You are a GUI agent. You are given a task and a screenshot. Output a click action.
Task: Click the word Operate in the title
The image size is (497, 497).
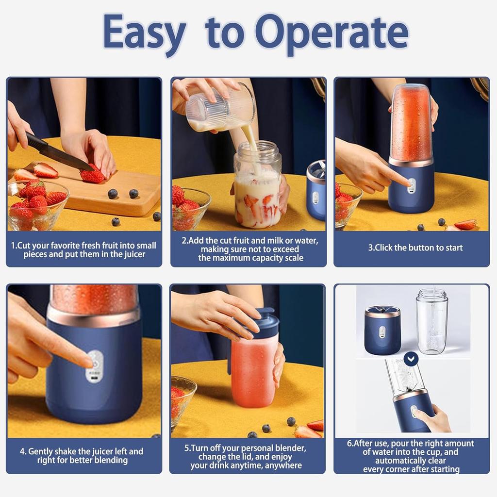coord(331,32)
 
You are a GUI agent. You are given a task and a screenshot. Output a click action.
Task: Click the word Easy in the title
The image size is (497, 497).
coord(144,32)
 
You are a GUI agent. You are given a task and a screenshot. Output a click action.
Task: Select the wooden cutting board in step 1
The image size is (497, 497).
coord(116,194)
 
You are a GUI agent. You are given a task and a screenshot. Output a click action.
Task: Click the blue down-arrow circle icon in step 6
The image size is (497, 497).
coord(412,360)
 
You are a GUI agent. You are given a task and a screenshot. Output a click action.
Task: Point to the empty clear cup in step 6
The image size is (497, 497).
coord(431,320)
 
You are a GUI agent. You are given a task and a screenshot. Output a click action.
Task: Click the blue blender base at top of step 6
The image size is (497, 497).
coord(382,330)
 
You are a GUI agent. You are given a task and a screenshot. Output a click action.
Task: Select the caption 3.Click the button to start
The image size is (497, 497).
coord(415,248)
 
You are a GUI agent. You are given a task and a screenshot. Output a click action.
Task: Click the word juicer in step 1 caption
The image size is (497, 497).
coord(132,254)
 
